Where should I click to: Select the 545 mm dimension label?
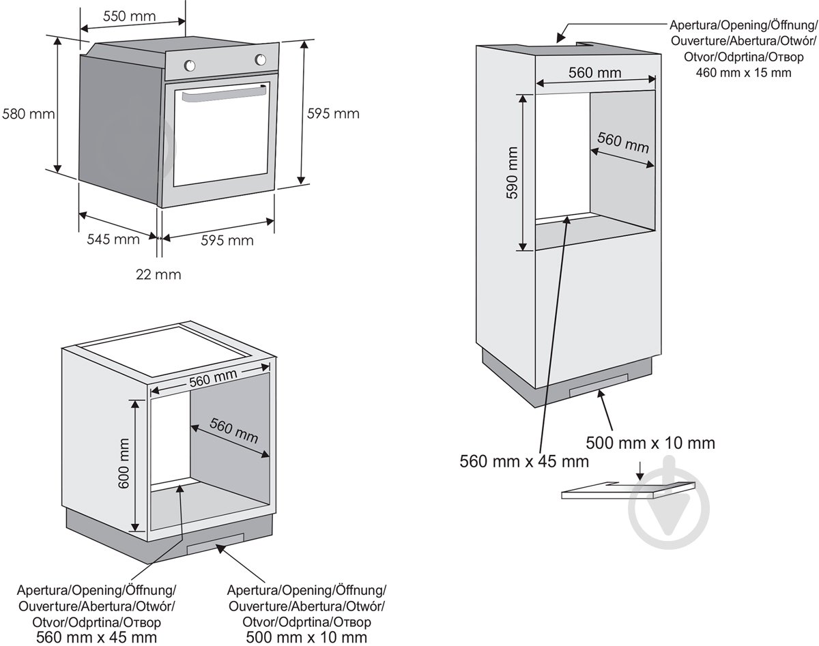(x=113, y=239)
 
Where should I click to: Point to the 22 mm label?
(x=158, y=274)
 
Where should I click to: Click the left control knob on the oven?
(x=190, y=66)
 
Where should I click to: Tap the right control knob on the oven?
(x=261, y=59)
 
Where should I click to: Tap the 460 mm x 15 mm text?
(x=743, y=72)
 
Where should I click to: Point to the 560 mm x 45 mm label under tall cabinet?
(x=524, y=462)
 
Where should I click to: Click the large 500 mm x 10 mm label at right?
(x=650, y=443)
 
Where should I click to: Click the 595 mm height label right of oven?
(x=332, y=113)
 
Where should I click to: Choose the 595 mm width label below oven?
(x=227, y=240)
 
